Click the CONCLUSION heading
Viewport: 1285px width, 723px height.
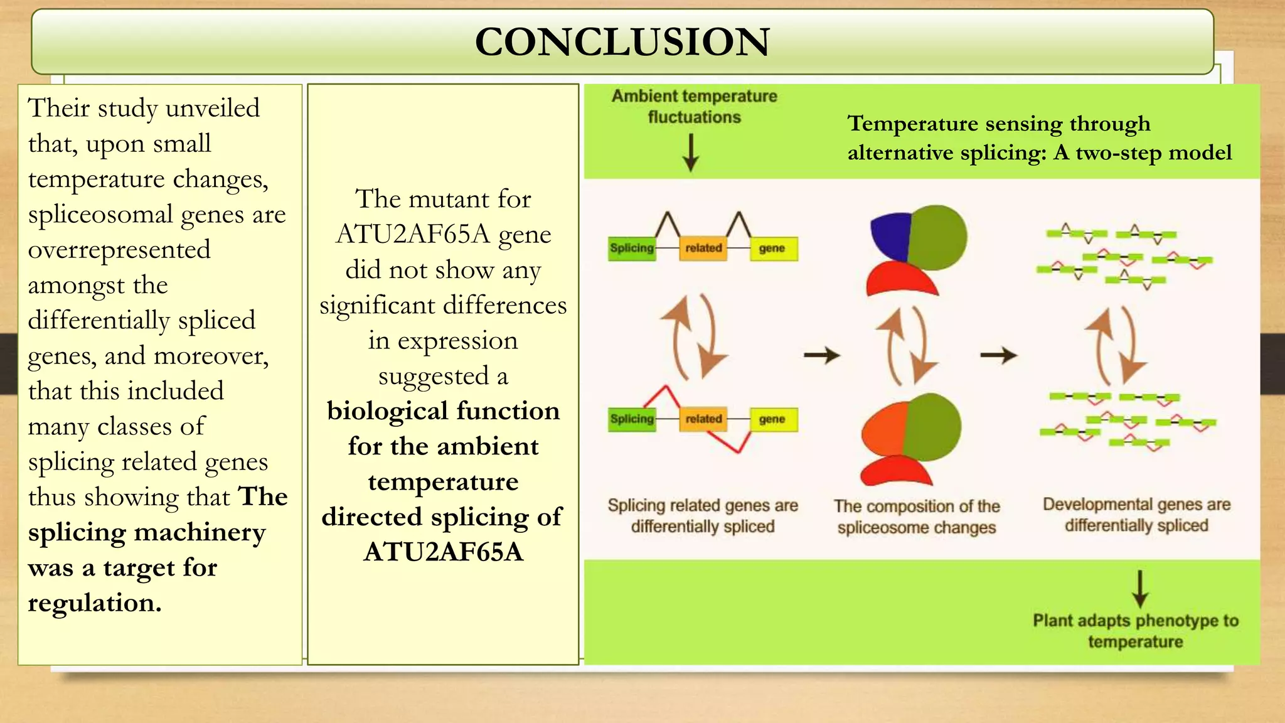pos(622,42)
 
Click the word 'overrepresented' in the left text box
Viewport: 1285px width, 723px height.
pos(119,250)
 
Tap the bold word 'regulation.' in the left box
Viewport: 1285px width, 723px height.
pos(95,603)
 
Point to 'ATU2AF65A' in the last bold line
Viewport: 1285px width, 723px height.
pos(443,552)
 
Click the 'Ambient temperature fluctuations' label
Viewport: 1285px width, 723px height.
pos(694,107)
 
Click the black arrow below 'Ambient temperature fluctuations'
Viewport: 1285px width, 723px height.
pos(691,153)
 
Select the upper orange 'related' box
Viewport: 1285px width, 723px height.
pos(703,248)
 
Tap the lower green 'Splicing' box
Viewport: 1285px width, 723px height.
pos(632,419)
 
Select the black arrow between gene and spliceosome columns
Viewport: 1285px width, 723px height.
pos(822,355)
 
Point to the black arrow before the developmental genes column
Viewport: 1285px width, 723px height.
pos(998,355)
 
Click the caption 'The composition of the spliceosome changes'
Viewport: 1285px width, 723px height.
pos(917,517)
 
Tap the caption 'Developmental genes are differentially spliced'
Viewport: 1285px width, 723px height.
pos(1136,515)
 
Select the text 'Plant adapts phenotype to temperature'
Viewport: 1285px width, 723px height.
pos(1136,631)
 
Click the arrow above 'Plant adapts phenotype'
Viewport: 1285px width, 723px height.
pos(1140,589)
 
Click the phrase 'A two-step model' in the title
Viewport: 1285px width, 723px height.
pos(1143,153)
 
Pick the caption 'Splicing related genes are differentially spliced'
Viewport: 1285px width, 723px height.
pos(703,515)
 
